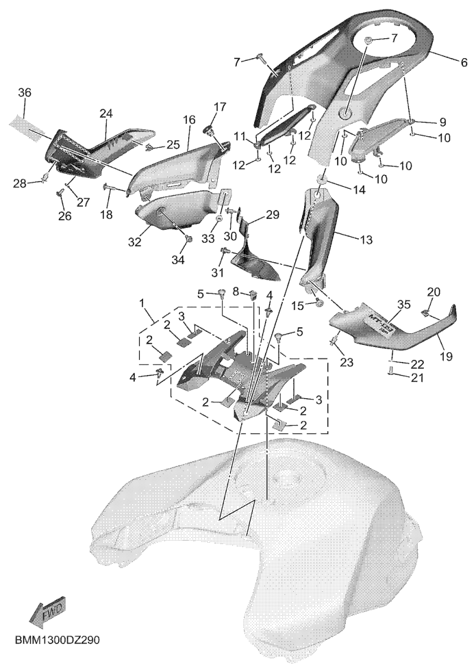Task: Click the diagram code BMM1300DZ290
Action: coord(58,641)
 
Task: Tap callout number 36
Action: coord(25,92)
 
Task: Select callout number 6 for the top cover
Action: coord(464,62)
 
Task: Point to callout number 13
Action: coord(366,240)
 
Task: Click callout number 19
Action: coord(447,356)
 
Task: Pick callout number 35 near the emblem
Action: coord(404,305)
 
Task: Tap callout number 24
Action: coord(106,114)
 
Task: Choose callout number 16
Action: coord(188,120)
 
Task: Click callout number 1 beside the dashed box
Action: coord(142,303)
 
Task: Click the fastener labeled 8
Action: coord(253,295)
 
